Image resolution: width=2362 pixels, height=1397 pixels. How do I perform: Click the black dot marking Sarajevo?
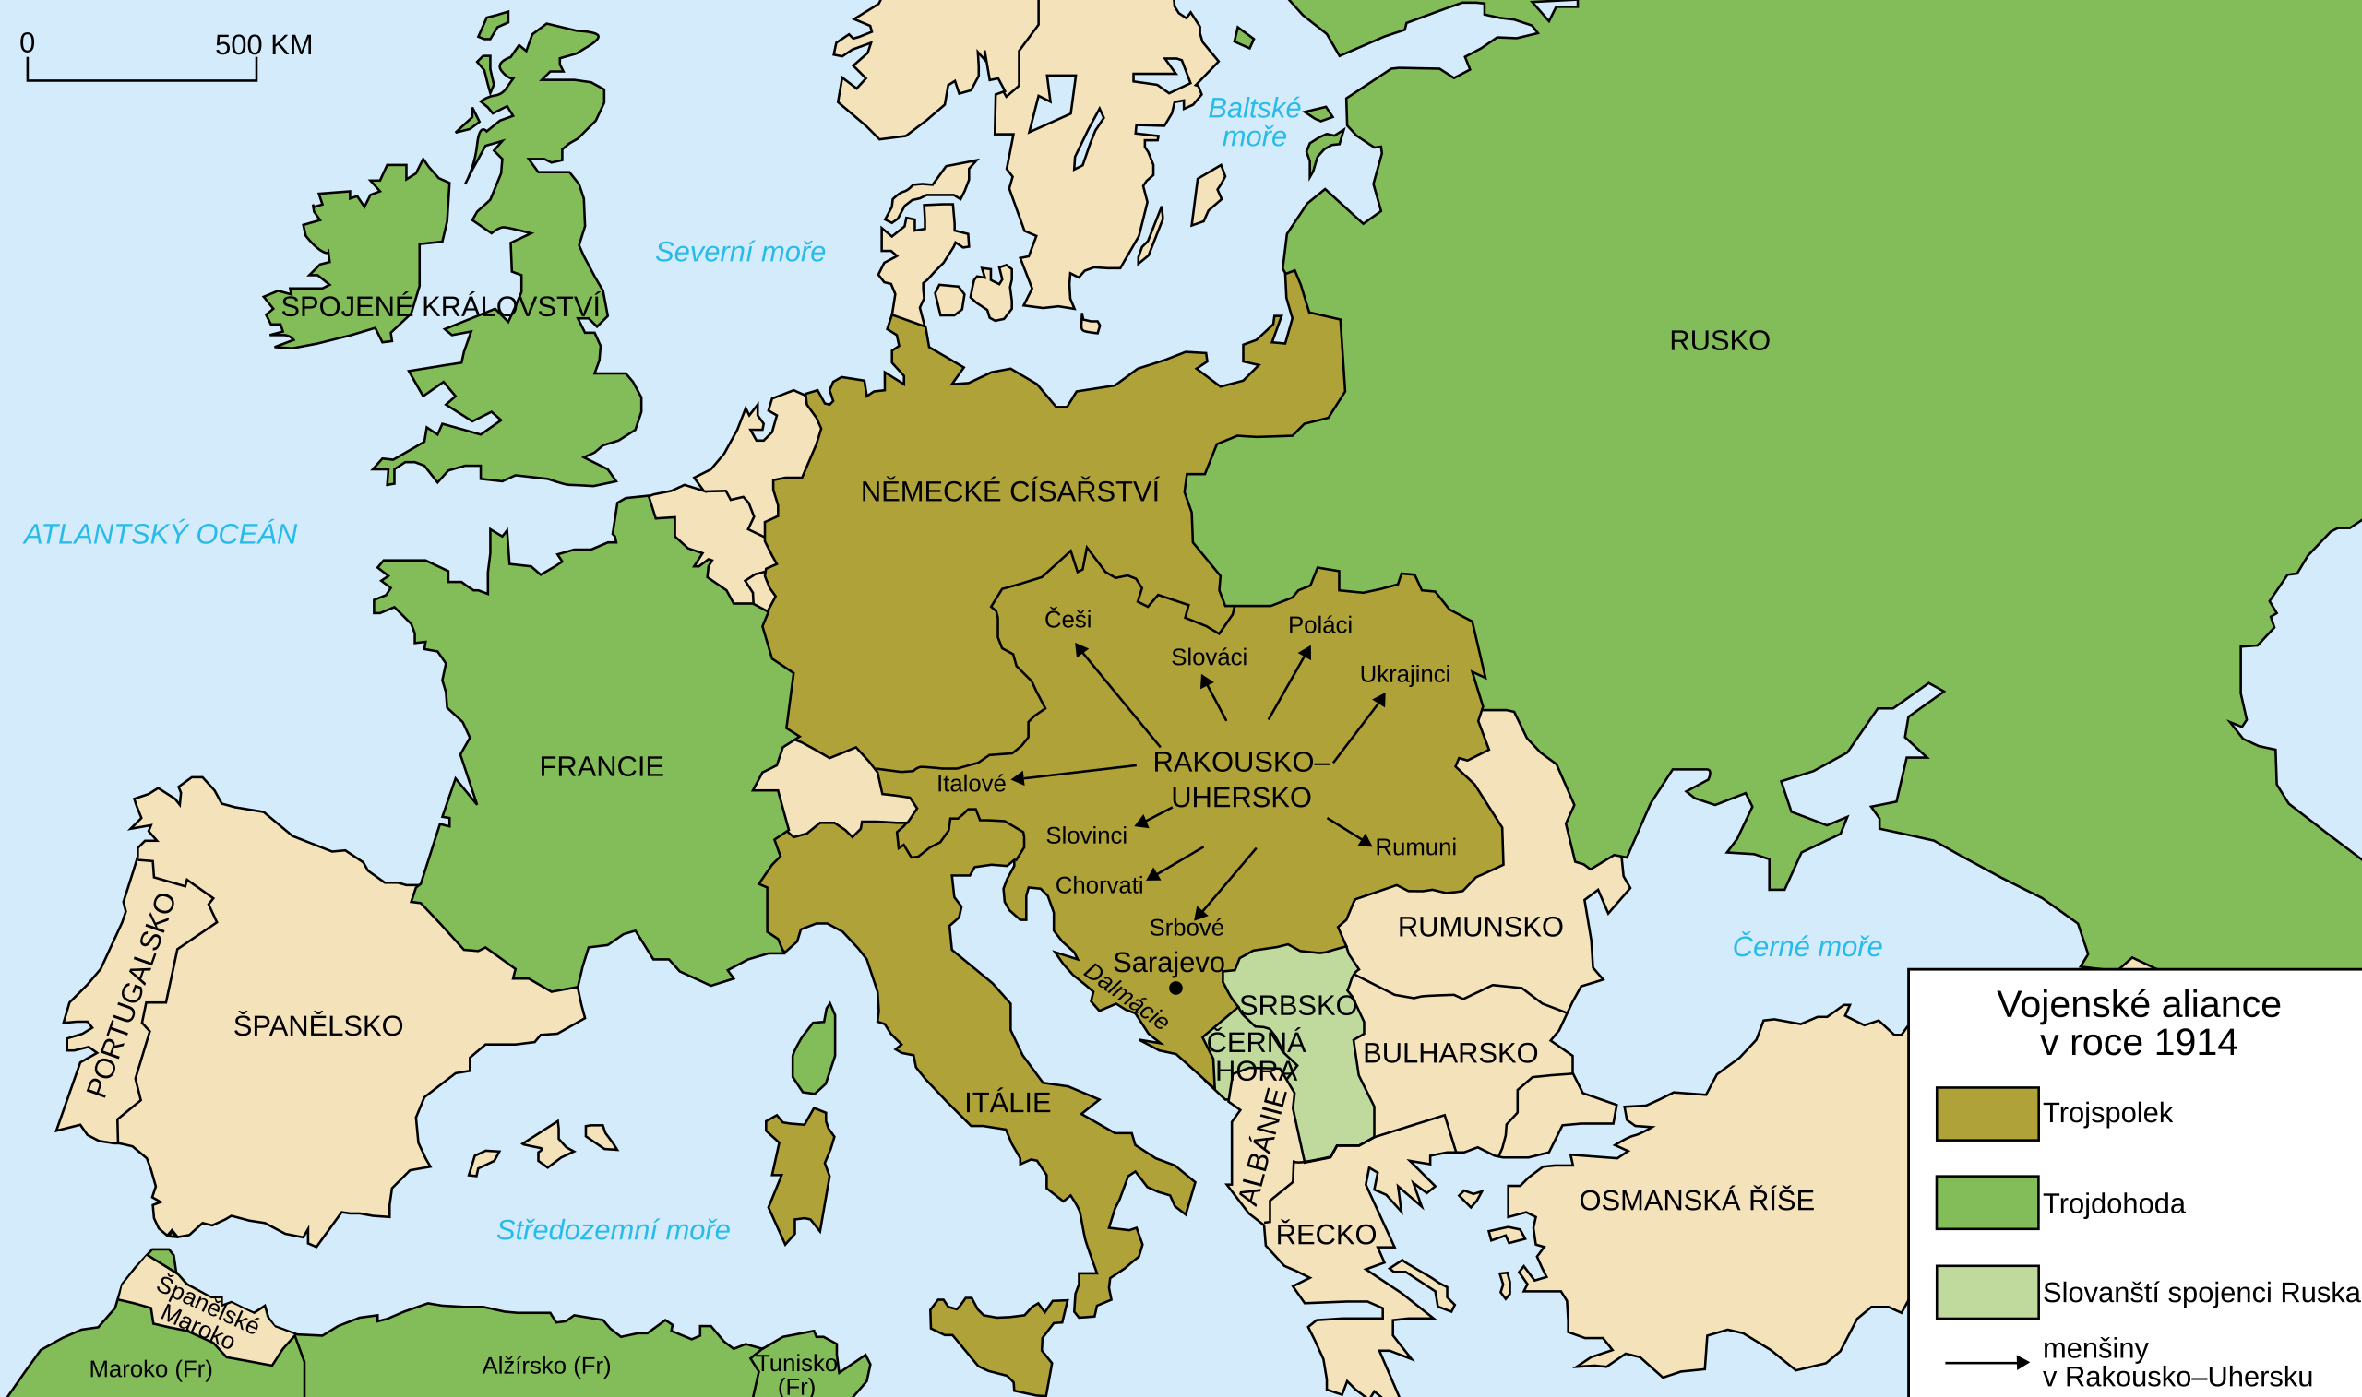pos(1175,988)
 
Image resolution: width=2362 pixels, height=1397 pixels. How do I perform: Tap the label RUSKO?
pos(1719,341)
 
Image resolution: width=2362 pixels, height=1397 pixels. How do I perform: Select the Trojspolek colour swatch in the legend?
pos(1987,1114)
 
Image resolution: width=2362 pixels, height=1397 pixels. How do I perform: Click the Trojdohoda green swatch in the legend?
pos(1987,1203)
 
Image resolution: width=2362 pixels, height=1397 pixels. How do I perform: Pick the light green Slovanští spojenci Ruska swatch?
pos(1987,1292)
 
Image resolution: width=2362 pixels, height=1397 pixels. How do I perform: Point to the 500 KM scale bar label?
pos(264,45)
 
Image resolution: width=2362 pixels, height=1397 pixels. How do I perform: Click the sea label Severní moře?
pos(739,252)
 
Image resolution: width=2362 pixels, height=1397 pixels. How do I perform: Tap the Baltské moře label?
pos(1254,123)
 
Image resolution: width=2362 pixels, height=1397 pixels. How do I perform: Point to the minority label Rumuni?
pos(1415,847)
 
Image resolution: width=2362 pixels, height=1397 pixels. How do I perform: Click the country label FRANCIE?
pos(601,766)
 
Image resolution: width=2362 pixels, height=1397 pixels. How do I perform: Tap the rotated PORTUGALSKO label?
pos(131,995)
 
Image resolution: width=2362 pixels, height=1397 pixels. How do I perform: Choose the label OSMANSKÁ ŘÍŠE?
pos(1696,1201)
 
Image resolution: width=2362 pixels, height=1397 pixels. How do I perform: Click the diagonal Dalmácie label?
pos(1126,997)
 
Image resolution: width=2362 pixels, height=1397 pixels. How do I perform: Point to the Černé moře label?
pos(1807,946)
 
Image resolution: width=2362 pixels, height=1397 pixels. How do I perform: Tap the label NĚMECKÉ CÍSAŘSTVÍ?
pos(1009,491)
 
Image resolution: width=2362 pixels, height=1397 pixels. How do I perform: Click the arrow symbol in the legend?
pos(1987,1362)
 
